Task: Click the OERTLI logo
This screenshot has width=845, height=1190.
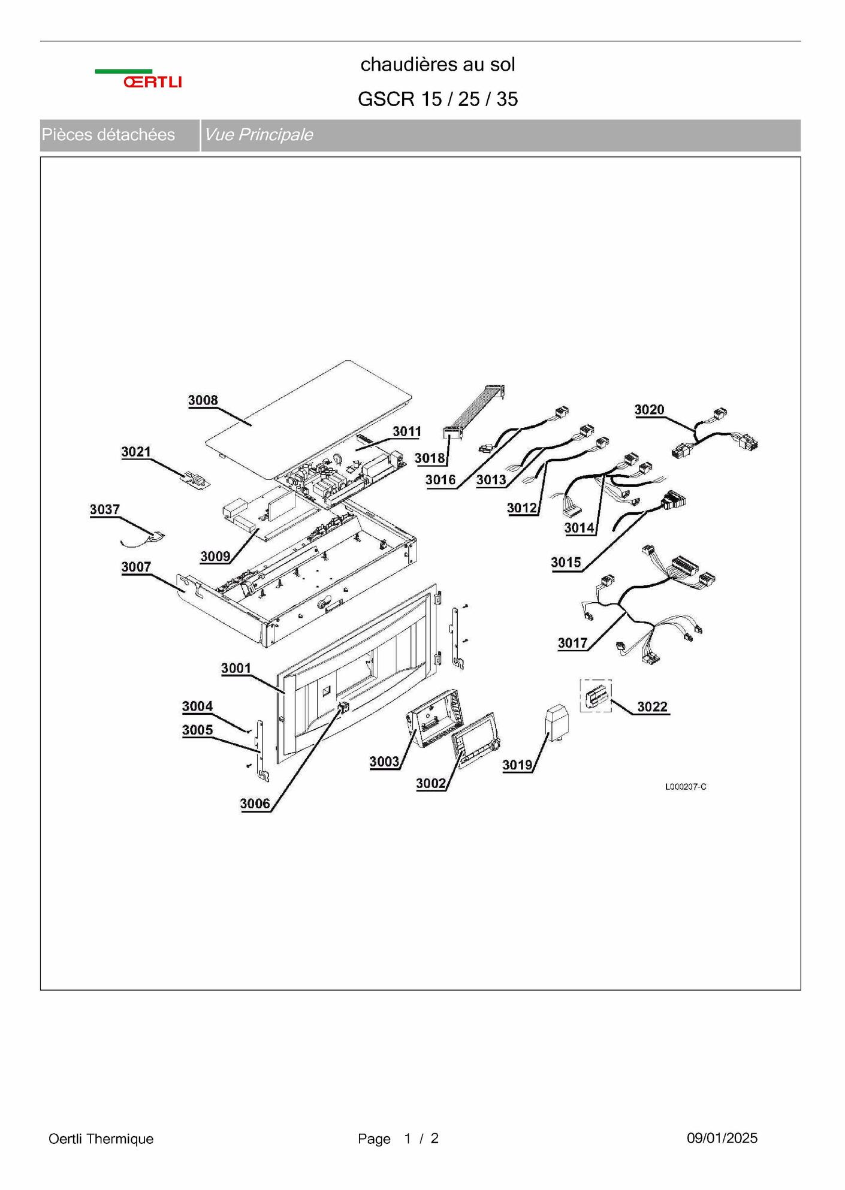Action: pos(138,79)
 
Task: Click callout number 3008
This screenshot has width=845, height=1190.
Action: pos(203,400)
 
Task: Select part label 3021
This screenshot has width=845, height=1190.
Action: pos(136,452)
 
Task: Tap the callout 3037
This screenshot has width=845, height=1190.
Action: pos(105,509)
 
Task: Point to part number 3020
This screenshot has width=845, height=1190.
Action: pos(650,409)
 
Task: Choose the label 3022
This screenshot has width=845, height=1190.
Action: pos(653,706)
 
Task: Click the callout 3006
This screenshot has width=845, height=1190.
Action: pos(255,804)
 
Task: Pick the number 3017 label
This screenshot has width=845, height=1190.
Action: pos(573,643)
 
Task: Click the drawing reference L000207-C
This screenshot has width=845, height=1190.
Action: pos(686,787)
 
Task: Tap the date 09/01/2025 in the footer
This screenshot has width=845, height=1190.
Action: pos(722,1138)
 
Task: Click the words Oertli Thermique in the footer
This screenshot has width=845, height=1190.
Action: pos(101,1138)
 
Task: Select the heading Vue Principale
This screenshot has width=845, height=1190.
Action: pos(258,135)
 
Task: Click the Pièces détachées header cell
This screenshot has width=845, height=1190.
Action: pos(120,135)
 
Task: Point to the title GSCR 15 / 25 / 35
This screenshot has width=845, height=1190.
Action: pos(438,99)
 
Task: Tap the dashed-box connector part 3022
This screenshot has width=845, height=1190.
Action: pos(596,696)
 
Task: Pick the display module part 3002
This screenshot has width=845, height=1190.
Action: pos(476,739)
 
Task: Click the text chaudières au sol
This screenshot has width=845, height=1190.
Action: pos(438,64)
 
